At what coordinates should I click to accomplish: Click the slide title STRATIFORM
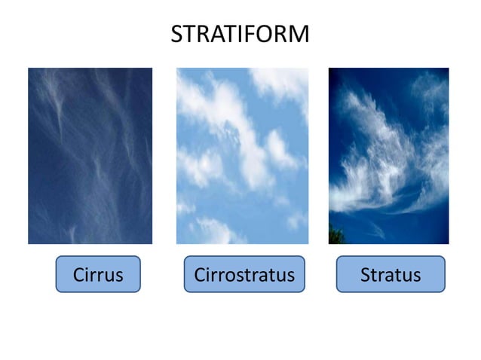click(x=240, y=34)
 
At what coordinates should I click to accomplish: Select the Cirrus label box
click(x=98, y=274)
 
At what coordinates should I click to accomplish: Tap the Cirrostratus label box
click(x=244, y=274)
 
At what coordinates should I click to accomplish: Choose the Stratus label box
click(x=390, y=274)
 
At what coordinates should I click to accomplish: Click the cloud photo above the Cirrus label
click(x=90, y=156)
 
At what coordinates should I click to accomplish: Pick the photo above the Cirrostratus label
click(x=242, y=156)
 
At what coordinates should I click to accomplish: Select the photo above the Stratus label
click(x=388, y=156)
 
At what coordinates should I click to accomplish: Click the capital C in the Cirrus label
click(x=78, y=275)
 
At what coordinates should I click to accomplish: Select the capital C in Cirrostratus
click(x=200, y=275)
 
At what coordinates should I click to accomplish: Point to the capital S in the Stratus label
click(x=366, y=275)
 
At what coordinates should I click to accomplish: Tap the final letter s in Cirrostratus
click(x=290, y=276)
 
